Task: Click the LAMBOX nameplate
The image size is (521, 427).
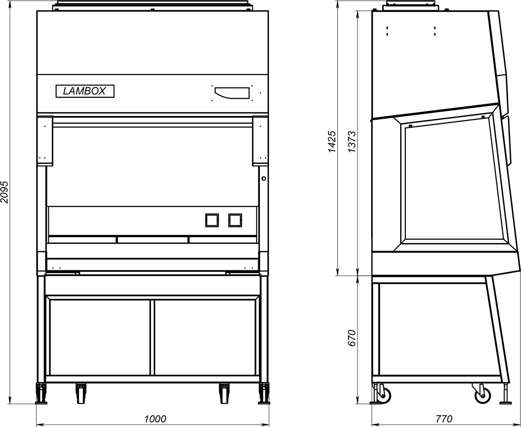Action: [x=85, y=91]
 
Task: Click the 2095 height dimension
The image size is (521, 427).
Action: [x=4, y=192]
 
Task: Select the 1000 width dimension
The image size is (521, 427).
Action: [x=155, y=419]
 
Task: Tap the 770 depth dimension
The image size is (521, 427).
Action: [x=444, y=419]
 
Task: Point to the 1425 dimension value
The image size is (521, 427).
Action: [x=332, y=142]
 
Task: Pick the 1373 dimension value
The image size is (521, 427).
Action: [x=352, y=142]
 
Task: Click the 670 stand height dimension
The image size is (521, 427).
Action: [x=352, y=338]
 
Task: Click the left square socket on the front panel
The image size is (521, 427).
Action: [x=212, y=220]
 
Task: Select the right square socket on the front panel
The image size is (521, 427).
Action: [x=235, y=220]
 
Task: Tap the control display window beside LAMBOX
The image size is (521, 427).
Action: [x=232, y=93]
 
